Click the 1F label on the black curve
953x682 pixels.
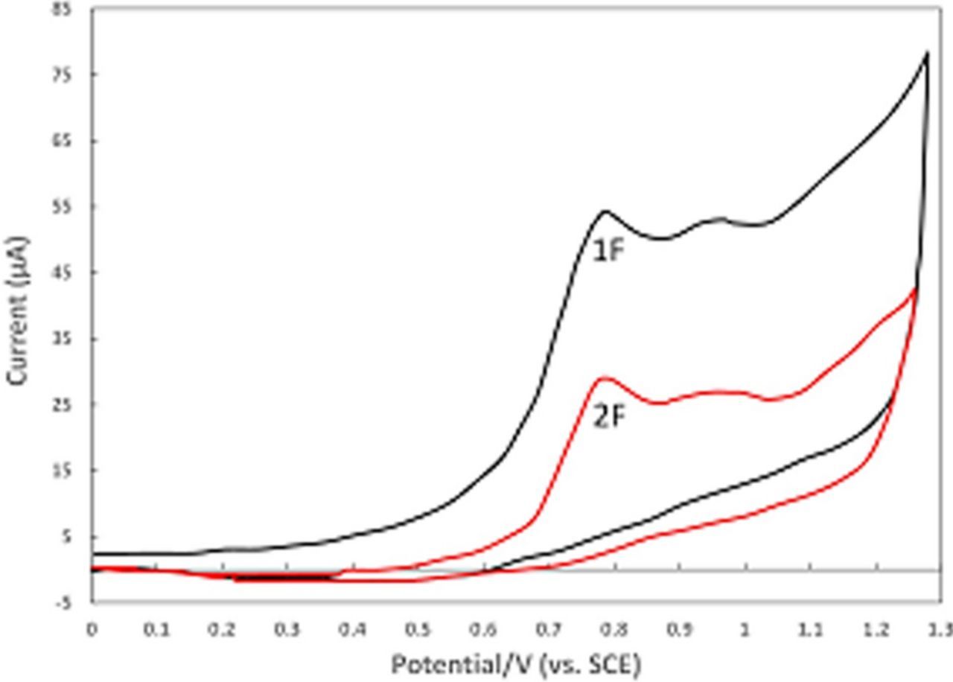[607, 251]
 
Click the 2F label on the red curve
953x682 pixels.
[607, 418]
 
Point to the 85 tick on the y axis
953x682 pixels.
[77, 10]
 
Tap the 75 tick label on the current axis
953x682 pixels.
[77, 75]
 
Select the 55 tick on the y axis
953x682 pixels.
[77, 207]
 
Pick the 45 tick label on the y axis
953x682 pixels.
[77, 273]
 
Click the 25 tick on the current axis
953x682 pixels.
[77, 404]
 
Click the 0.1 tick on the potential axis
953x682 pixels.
[157, 629]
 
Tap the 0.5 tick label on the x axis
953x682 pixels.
[418, 629]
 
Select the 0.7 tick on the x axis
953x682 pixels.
[549, 629]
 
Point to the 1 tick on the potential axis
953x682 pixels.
[745, 629]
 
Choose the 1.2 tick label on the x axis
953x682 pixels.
[876, 629]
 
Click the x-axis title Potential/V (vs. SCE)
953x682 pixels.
[514, 663]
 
